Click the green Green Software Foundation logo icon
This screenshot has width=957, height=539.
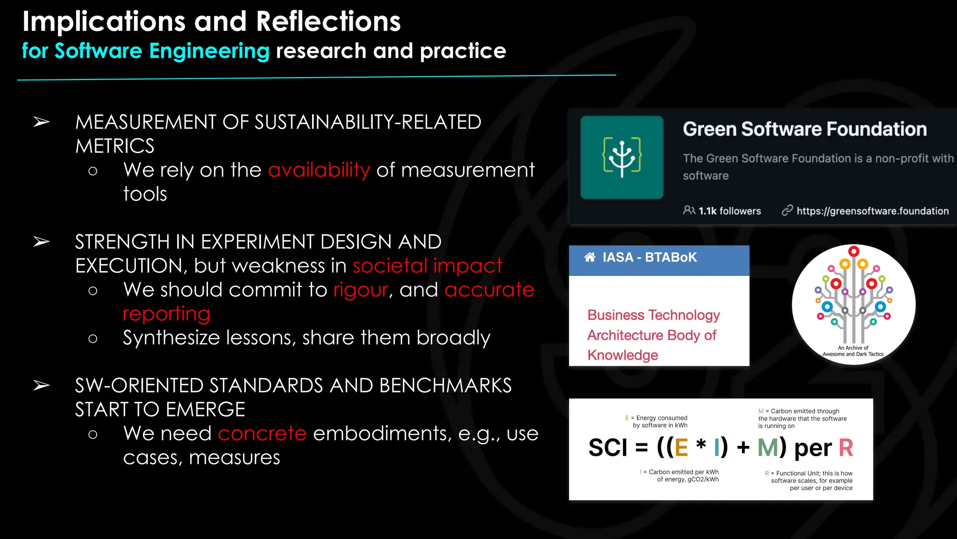point(621,157)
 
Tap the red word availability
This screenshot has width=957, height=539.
point(319,170)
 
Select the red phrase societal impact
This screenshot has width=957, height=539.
point(427,266)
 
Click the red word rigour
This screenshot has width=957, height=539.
point(361,290)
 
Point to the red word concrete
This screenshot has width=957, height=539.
point(262,434)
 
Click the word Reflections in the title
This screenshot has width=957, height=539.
point(328,22)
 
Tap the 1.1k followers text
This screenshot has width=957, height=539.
point(729,211)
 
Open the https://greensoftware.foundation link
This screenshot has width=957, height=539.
point(872,211)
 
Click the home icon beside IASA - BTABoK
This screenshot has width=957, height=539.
point(590,257)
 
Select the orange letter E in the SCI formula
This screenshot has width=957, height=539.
point(681,448)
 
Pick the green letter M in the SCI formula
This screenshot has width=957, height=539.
point(768,448)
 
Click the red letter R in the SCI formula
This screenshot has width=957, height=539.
point(846,448)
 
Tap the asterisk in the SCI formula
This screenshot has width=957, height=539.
point(701,444)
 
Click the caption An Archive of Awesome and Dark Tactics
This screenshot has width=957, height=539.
point(853,351)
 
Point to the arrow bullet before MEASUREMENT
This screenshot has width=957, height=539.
point(42,122)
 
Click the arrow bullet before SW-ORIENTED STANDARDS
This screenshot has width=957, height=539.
point(42,386)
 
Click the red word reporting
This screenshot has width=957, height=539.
point(166,314)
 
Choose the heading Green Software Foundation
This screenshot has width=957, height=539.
point(805,129)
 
